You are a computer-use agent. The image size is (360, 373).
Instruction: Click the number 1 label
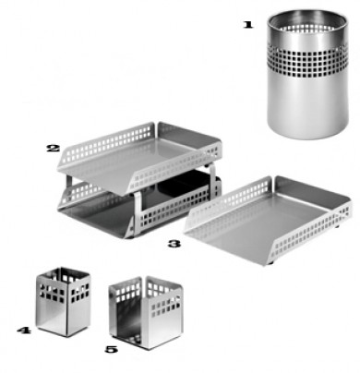click(x=248, y=25)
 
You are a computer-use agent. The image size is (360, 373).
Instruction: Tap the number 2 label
click(x=53, y=149)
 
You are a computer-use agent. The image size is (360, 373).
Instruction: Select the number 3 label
click(x=174, y=244)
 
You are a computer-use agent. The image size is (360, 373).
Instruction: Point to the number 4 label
click(x=24, y=331)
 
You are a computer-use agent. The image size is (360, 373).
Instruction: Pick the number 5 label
click(x=111, y=349)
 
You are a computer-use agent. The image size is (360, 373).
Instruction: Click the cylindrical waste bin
click(x=307, y=74)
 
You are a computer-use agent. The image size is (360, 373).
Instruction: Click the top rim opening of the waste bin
click(x=307, y=21)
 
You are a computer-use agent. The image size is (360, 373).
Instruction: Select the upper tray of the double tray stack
click(x=139, y=157)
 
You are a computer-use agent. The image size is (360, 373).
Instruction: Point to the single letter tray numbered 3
click(x=268, y=220)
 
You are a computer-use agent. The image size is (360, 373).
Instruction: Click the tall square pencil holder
click(x=64, y=302)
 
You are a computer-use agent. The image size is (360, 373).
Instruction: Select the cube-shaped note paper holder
click(x=146, y=312)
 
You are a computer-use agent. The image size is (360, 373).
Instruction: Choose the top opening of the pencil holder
click(x=64, y=274)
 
